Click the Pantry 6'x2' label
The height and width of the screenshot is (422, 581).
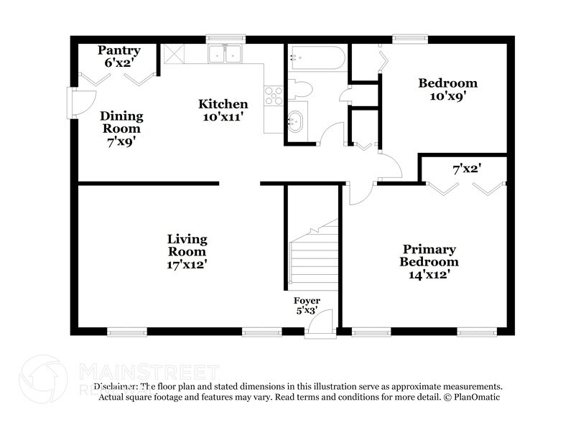coord(119,57)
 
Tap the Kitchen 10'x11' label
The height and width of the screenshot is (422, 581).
coord(223,111)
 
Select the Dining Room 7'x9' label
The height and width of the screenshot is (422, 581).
coord(121,128)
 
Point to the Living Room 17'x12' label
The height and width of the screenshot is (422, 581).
coord(187,251)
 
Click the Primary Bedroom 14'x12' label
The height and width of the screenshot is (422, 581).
coord(429,261)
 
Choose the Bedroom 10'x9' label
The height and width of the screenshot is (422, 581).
coord(447,89)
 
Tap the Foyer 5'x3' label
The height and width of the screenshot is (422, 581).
coord(307,306)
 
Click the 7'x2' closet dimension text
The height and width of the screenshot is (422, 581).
coord(466,169)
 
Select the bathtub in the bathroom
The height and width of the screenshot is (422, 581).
coord(317,58)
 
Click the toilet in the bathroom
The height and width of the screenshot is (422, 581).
coord(300,90)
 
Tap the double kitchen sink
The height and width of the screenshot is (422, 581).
coord(226,54)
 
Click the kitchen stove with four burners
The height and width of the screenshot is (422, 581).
coord(274,95)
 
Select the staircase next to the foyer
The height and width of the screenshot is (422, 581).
coord(313,255)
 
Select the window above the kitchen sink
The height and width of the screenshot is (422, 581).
coord(226,39)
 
